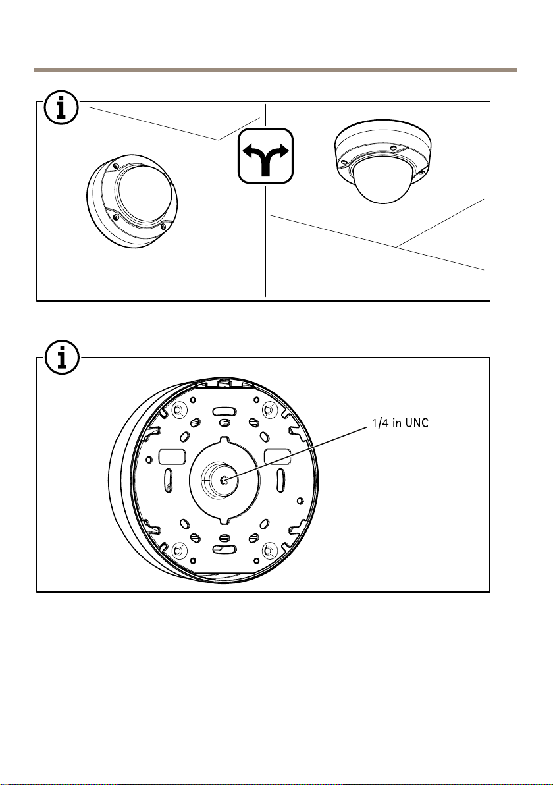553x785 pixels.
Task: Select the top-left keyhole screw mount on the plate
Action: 177,412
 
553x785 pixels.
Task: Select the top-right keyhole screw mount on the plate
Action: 269,411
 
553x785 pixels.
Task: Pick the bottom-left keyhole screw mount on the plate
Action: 177,549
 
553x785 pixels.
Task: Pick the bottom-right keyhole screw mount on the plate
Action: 269,549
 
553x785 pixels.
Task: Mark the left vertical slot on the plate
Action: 169,481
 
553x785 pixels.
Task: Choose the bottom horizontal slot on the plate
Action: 223,548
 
